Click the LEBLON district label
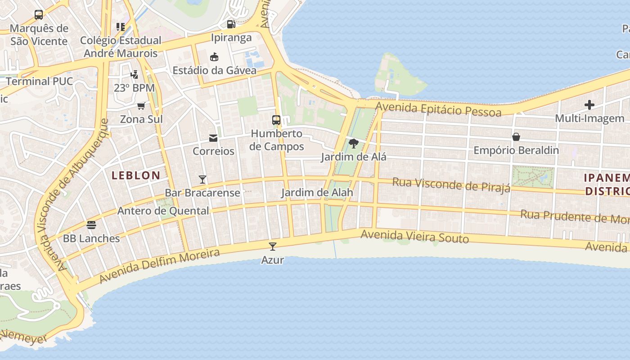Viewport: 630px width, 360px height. [135, 175]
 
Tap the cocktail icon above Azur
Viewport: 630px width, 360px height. [272, 246]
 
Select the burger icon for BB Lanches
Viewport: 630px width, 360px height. [91, 225]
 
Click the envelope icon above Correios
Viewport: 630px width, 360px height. [213, 138]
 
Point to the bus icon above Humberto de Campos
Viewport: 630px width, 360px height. [276, 120]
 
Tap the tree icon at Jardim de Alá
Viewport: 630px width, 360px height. [354, 144]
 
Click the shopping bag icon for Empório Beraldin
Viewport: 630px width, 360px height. [516, 137]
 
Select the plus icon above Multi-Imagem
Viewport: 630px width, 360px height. [589, 105]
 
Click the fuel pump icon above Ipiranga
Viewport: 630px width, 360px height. [231, 24]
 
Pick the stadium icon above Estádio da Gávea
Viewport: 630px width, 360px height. [214, 57]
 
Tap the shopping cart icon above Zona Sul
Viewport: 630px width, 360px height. [141, 106]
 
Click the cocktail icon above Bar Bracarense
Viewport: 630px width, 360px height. [202, 180]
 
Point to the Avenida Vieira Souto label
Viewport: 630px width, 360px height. [414, 236]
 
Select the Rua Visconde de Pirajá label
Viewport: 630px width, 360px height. [451, 184]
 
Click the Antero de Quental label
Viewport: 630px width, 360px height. [163, 211]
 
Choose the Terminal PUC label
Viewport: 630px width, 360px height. [40, 81]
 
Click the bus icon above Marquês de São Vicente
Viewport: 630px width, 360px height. [39, 15]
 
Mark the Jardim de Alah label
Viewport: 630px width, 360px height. [317, 193]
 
